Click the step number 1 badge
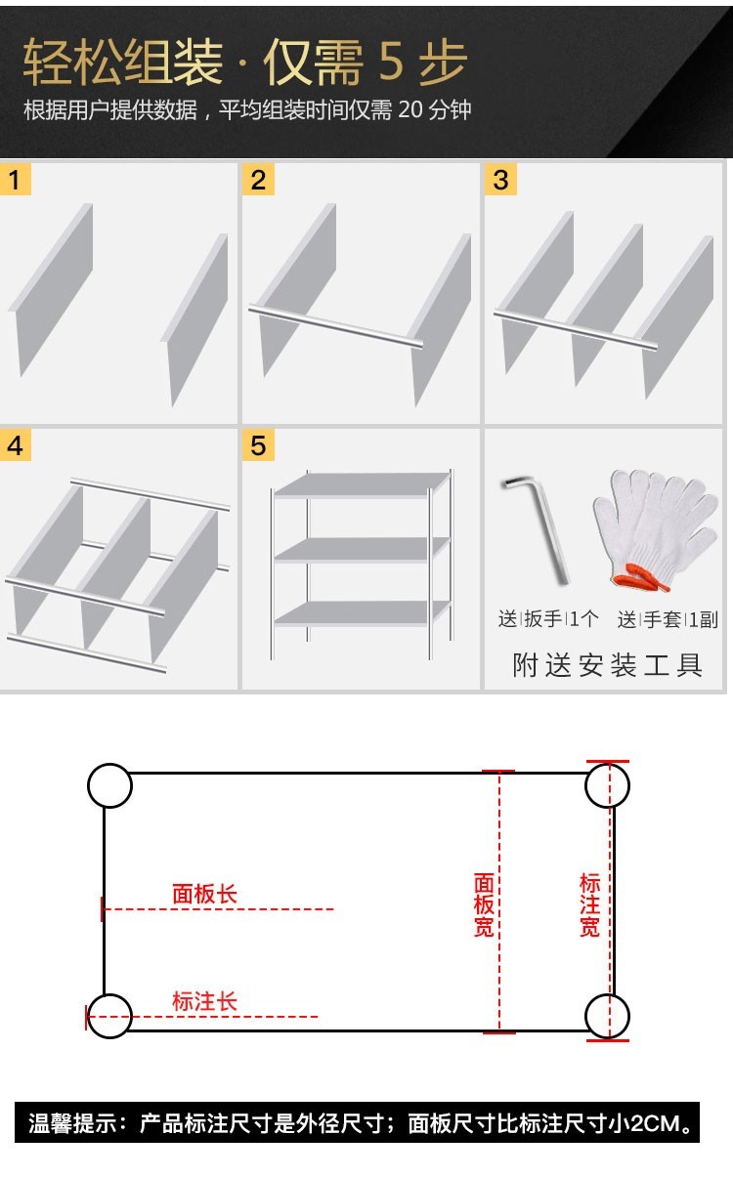[15, 180]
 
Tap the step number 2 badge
[258, 180]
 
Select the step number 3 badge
[500, 180]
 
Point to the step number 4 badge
[15, 445]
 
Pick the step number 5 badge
[258, 445]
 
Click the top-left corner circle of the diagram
[109, 785]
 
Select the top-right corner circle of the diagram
[607, 785]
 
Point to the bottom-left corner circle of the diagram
[109, 1016]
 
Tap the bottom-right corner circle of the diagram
[607, 1016]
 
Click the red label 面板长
[204, 894]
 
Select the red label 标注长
[204, 1001]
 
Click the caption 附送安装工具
[607, 666]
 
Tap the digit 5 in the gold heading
[390, 63]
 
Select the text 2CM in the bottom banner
[655, 1123]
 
